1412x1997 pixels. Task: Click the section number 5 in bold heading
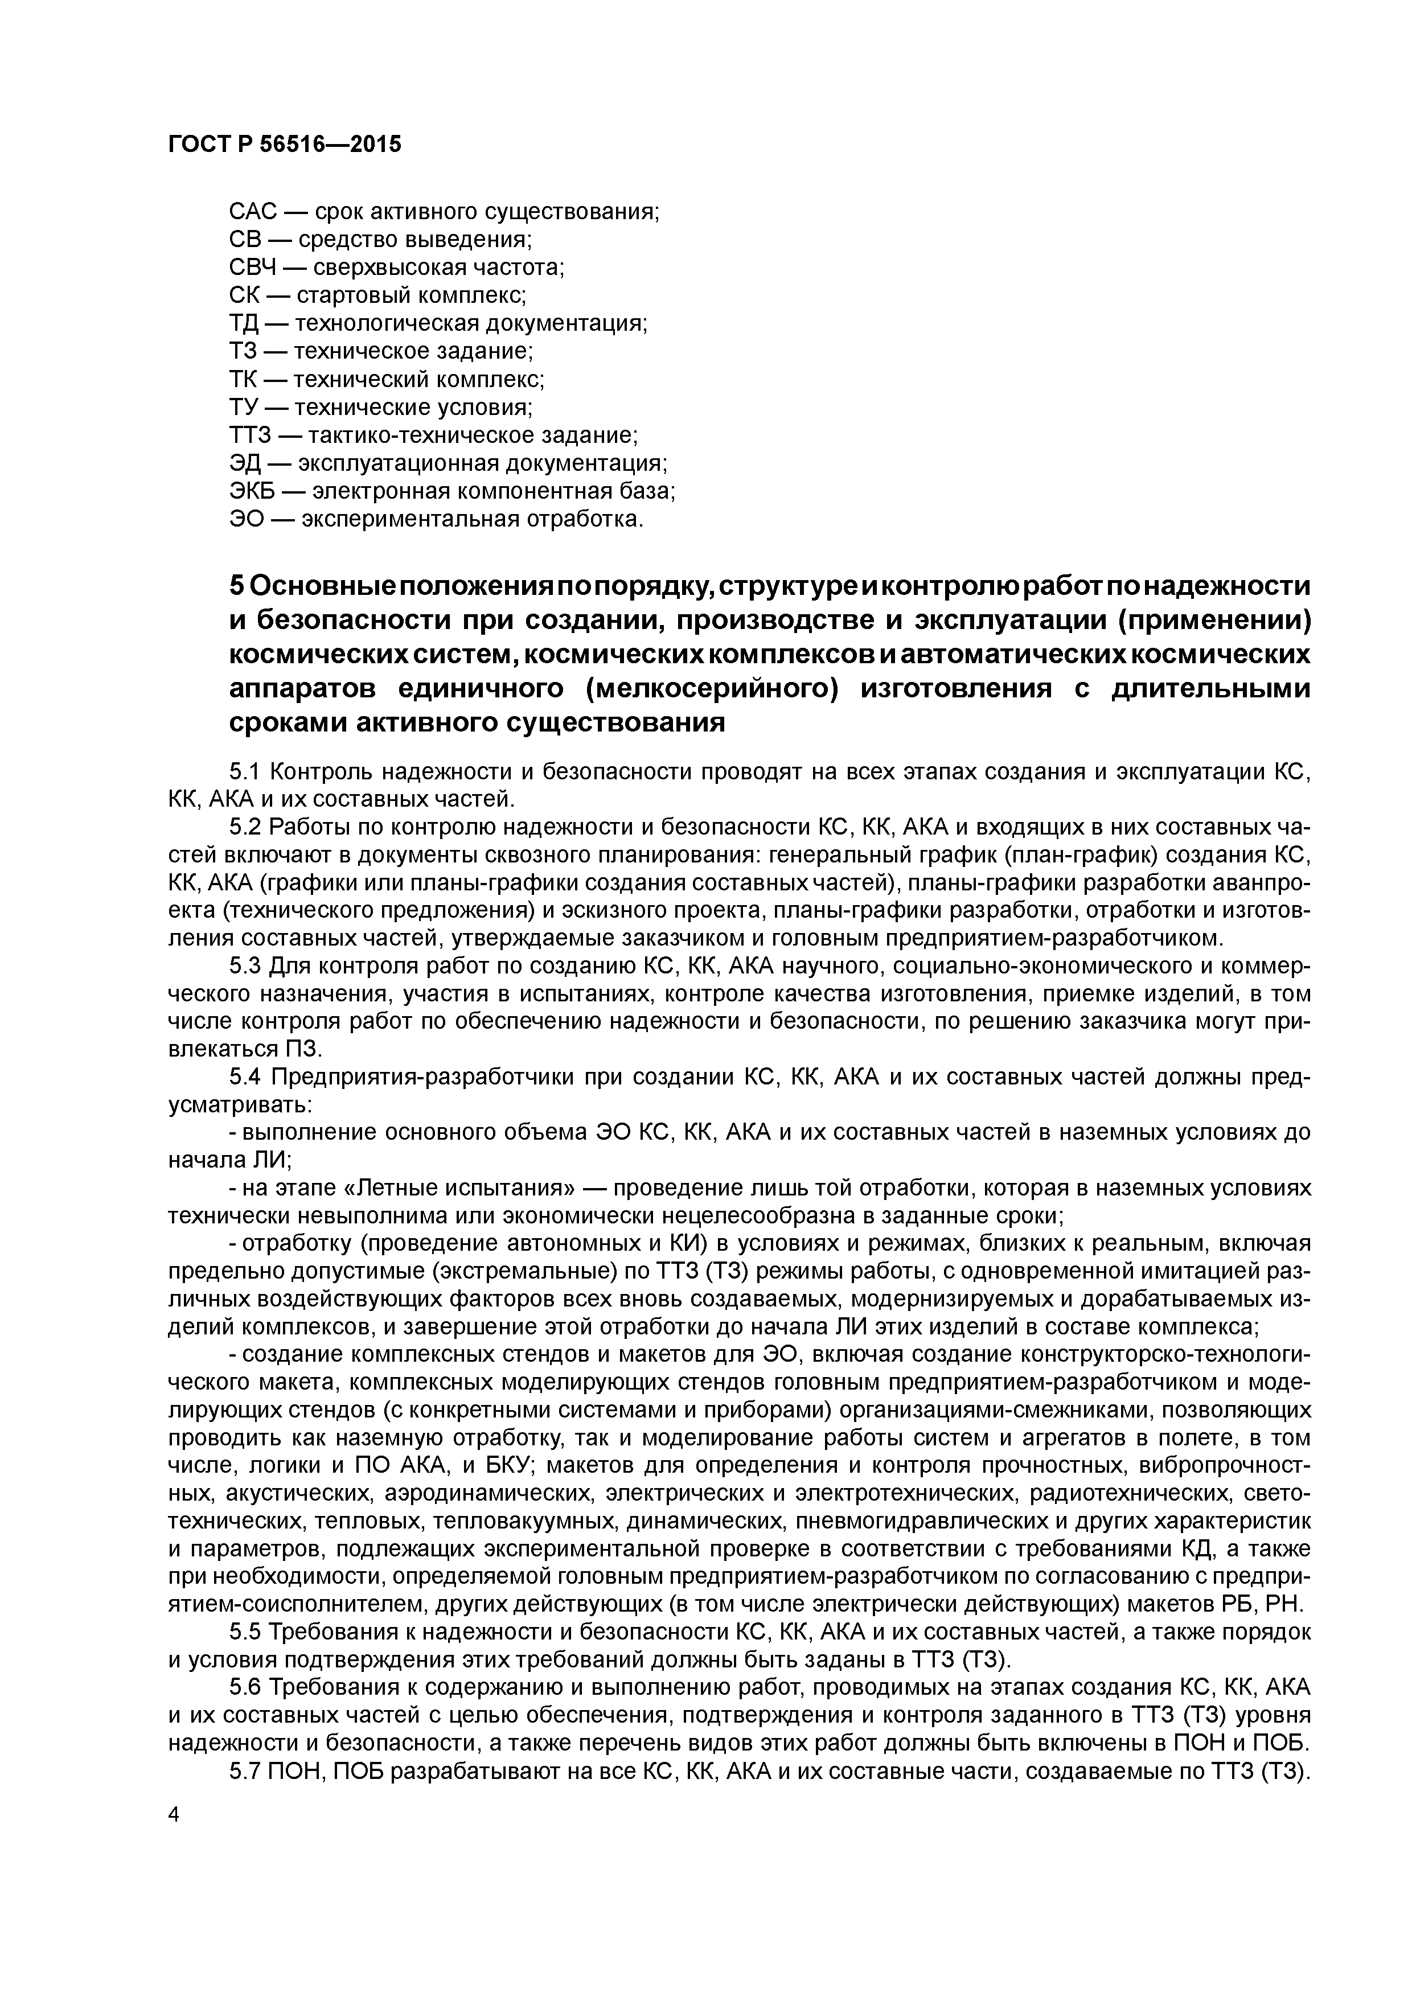pyautogui.click(x=237, y=586)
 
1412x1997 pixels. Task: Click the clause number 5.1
pyautogui.click(x=246, y=771)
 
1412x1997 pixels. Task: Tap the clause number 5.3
pyautogui.click(x=246, y=966)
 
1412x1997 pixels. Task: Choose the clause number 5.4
pyautogui.click(x=246, y=1078)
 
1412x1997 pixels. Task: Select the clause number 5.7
pyautogui.click(x=246, y=1773)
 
